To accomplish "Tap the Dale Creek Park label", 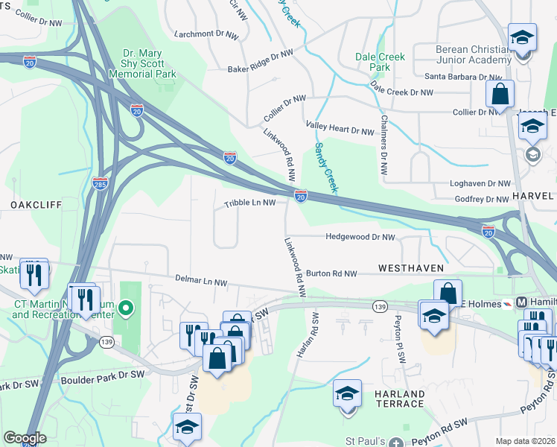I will click(380, 62).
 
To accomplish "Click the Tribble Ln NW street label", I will click(250, 203).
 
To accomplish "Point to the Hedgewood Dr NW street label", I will click(360, 237).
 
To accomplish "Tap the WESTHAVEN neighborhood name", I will click(411, 267).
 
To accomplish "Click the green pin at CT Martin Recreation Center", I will click(126, 307).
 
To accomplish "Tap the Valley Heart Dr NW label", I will click(340, 131).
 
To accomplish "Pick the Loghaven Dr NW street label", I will click(480, 183).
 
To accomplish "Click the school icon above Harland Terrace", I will click(347, 394).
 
